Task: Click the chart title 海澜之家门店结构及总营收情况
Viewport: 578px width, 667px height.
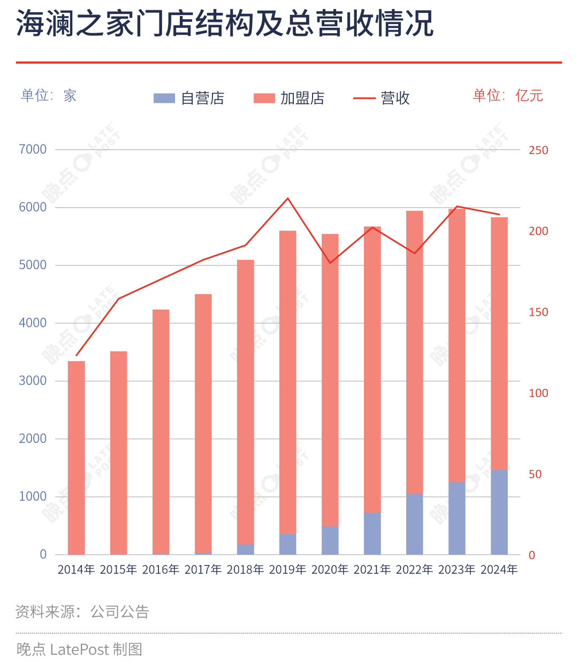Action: (225, 25)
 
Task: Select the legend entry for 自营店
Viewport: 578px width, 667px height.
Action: (189, 98)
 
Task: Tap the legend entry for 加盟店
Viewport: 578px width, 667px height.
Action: (289, 98)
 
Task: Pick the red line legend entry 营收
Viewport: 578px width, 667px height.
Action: (382, 98)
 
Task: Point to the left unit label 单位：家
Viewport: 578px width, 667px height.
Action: (49, 96)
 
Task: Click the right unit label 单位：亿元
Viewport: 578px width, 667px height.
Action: (507, 96)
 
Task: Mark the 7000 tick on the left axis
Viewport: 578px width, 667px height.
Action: (33, 149)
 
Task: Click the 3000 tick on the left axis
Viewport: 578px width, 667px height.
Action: (33, 381)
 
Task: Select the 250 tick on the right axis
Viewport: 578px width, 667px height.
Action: (538, 150)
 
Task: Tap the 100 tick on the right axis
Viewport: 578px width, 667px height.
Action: (538, 394)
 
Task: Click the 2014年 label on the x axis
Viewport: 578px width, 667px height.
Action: (76, 570)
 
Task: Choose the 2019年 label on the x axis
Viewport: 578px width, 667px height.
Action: (287, 570)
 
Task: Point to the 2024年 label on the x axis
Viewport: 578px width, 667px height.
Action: (499, 570)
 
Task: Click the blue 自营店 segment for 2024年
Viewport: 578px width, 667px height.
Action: (499, 512)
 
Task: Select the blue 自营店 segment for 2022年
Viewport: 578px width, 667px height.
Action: (414, 524)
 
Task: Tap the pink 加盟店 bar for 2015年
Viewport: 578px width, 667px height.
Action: (118, 453)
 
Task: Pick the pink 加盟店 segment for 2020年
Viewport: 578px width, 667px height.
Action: (330, 380)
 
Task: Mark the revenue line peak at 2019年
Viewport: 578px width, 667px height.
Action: (288, 198)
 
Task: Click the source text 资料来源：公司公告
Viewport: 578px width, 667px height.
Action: (82, 612)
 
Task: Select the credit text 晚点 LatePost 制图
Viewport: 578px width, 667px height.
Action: (79, 649)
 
